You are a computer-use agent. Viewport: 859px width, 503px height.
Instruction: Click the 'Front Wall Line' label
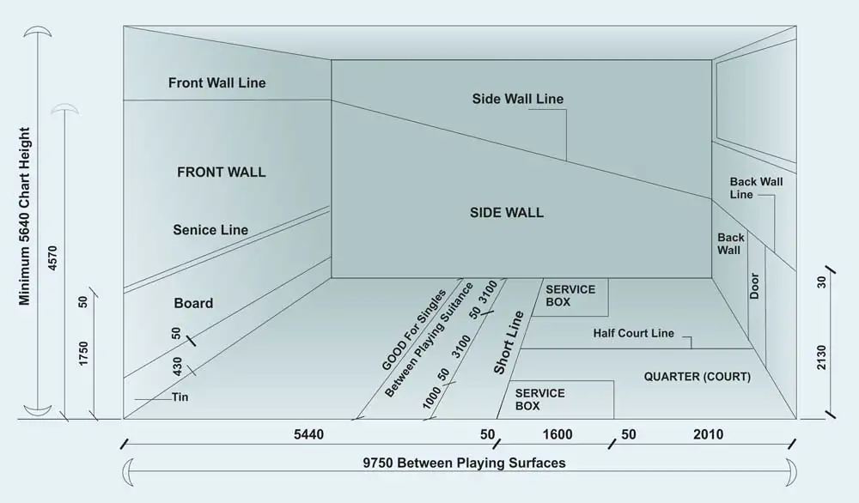pos(216,83)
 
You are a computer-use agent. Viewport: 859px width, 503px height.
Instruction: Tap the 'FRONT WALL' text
pos(221,172)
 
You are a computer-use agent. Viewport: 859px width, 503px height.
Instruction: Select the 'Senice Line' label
pos(210,230)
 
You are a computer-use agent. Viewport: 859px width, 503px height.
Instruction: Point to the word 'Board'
pos(193,303)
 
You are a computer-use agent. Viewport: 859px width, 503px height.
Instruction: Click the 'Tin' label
pos(180,397)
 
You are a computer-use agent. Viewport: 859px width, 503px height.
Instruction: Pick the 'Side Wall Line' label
pos(517,99)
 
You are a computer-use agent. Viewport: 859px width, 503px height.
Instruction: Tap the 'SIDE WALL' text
pos(506,212)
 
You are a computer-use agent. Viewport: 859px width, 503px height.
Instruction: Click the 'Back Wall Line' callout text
pos(756,188)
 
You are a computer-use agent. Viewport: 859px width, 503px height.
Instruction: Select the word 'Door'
pos(754,286)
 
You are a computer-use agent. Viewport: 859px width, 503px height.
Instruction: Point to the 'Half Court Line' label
pos(633,333)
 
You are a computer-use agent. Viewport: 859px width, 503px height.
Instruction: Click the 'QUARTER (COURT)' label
pos(697,377)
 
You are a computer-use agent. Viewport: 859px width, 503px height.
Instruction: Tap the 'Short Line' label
pos(509,342)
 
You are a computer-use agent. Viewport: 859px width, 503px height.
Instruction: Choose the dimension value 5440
pos(308,435)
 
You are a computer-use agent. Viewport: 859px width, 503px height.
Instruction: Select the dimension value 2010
pos(708,435)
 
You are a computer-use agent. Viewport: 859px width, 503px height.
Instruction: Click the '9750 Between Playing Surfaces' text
pos(464,464)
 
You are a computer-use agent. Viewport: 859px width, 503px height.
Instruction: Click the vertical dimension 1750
pos(83,354)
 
